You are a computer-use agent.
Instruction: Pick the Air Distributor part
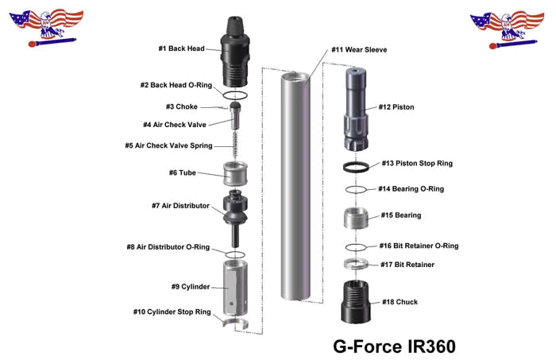[x=235, y=207]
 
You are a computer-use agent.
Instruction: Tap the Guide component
[x=235, y=171]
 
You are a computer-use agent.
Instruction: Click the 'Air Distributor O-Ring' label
[x=168, y=247]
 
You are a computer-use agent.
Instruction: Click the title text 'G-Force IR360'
[x=394, y=347]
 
